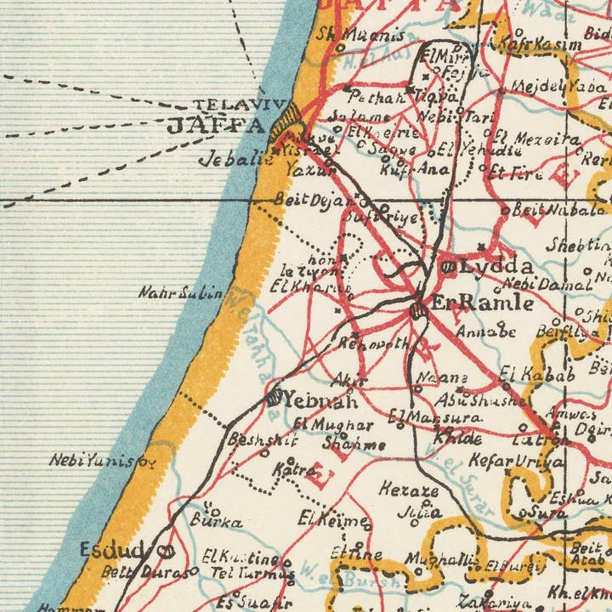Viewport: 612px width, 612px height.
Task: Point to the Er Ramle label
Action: point(482,303)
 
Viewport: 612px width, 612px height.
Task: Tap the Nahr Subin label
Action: point(180,294)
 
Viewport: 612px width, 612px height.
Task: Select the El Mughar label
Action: point(332,424)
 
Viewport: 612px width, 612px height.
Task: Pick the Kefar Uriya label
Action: point(516,462)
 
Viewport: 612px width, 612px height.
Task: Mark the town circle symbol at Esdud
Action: point(161,551)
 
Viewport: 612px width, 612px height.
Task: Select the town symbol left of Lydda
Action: point(447,267)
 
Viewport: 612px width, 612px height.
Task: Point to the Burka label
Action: point(217,521)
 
